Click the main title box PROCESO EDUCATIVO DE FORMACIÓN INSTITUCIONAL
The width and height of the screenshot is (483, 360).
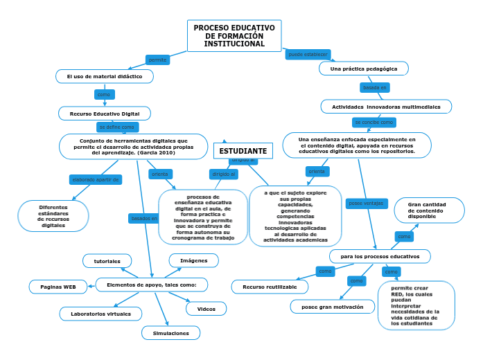(234, 36)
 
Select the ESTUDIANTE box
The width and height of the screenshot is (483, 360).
(243, 151)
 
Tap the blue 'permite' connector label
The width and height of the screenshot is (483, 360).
(157, 60)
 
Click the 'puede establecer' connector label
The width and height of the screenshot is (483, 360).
(308, 54)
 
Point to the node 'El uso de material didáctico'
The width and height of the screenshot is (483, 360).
(105, 76)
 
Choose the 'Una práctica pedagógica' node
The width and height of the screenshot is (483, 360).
(363, 69)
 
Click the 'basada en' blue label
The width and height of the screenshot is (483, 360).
(375, 88)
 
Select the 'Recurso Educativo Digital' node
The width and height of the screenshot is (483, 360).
(105, 114)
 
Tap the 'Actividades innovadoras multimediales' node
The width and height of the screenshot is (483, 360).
(386, 107)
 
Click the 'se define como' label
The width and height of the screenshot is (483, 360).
(117, 127)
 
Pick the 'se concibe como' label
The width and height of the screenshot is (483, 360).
(374, 122)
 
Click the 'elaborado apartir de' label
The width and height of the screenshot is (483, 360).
(96, 179)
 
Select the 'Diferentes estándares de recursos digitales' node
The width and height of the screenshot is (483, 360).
(53, 216)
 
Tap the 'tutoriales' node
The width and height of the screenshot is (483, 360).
(107, 261)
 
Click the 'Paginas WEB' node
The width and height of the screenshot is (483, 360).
(58, 287)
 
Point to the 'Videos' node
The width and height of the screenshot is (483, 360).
(206, 309)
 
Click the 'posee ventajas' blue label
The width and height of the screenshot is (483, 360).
(365, 204)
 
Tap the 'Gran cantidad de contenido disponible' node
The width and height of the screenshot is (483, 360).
(429, 210)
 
